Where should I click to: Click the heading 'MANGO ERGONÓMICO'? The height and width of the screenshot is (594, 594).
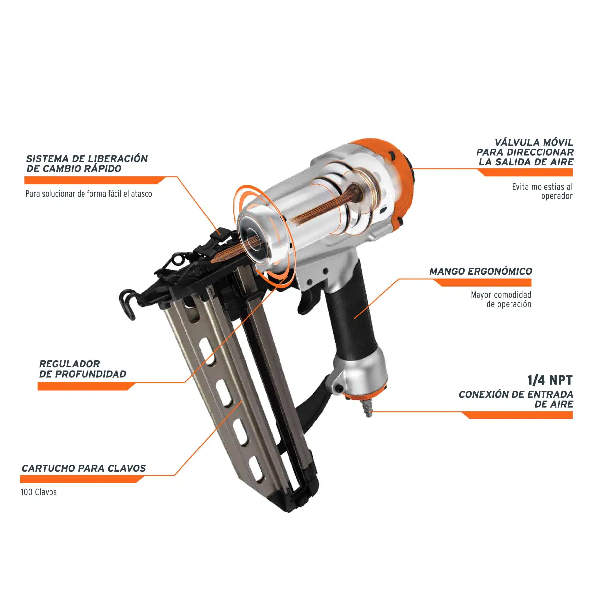point(480,271)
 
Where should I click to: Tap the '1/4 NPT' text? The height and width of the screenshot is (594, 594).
point(549,380)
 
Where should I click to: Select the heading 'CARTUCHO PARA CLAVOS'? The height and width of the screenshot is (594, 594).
point(84,468)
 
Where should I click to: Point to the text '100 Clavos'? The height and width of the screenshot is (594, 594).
point(39,492)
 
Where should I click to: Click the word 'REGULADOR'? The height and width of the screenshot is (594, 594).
point(69,364)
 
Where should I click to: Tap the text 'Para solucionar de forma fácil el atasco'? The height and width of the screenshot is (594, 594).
point(89,194)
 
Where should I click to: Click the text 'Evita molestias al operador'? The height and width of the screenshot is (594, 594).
point(542,191)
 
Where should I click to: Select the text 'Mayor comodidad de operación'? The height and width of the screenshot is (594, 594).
point(501,299)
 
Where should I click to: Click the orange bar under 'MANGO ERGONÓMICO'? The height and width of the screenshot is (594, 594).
point(482,282)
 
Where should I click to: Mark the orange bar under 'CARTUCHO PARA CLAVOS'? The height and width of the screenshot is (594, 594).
point(82,479)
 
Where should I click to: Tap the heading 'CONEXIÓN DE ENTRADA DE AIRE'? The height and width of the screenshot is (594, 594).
point(516,399)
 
